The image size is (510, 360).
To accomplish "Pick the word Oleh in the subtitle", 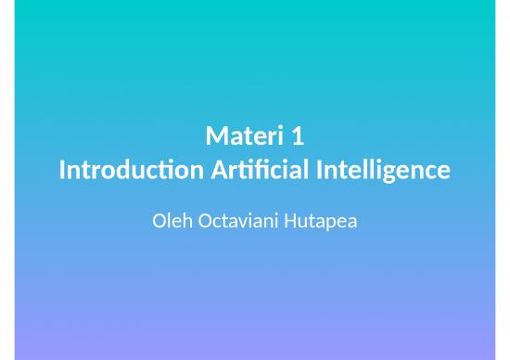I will (167, 224).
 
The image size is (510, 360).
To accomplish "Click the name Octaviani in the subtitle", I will (229, 224).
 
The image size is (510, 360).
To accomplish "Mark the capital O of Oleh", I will (155, 224).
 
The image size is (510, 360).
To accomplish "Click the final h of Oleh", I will (182, 224).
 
